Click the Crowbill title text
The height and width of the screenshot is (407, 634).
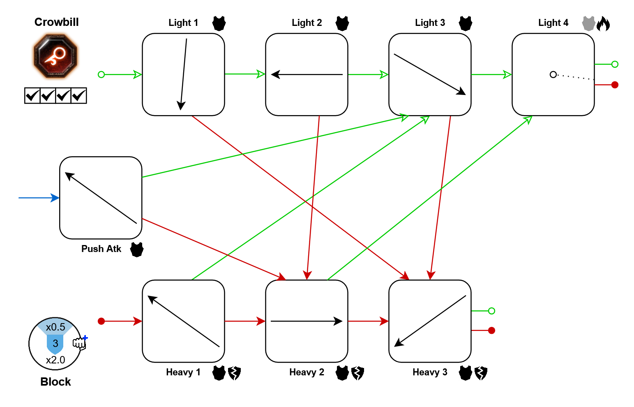point(56,22)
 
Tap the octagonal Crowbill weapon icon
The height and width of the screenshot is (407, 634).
point(55,56)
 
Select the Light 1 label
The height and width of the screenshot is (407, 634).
point(183,23)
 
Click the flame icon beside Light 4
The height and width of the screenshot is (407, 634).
point(603,24)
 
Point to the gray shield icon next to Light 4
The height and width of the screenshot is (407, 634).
point(589,23)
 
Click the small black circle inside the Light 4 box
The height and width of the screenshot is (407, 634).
point(553,74)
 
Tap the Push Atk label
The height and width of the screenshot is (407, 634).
point(101,249)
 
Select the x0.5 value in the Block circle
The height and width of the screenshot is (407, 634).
point(55,327)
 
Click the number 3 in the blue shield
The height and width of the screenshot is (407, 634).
point(55,343)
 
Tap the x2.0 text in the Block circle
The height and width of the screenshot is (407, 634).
point(55,360)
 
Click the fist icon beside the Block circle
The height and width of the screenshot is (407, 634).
point(80,342)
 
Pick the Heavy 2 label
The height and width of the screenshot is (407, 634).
point(307,372)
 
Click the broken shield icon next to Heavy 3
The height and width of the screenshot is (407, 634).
point(481,373)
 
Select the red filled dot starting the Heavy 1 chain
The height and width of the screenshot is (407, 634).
point(101,321)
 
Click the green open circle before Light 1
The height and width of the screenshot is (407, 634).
point(101,74)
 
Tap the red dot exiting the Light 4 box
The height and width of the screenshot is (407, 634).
point(615,85)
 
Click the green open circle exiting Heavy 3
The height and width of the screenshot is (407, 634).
point(491,311)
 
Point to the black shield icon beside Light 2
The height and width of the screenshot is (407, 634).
point(342,23)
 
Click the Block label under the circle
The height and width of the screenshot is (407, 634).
point(55,382)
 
